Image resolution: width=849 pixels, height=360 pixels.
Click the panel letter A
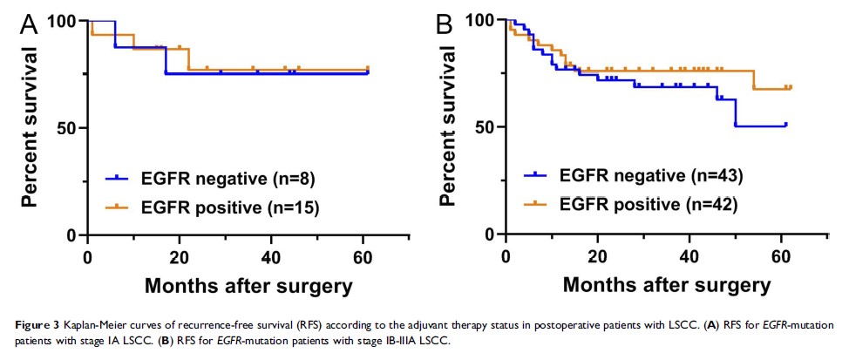coord(29,24)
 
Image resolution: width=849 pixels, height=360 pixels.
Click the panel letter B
coord(444,24)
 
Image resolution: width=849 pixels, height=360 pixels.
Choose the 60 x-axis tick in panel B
coord(781,256)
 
